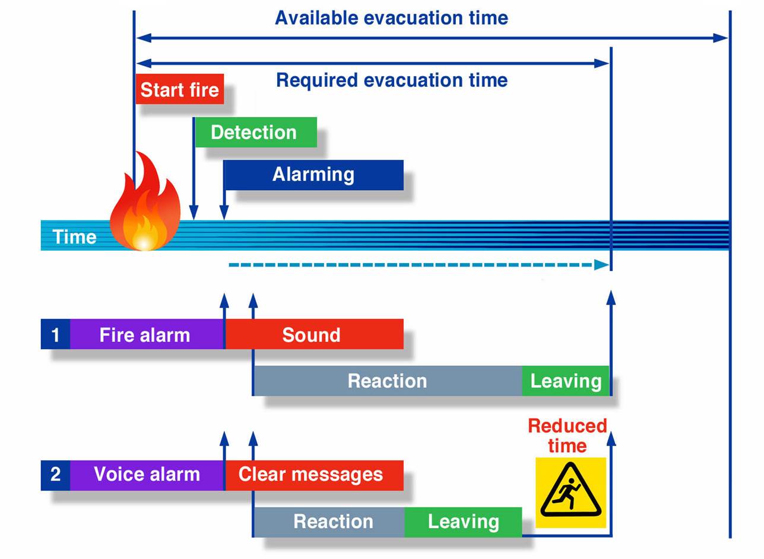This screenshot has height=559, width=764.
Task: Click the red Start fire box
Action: tap(179, 89)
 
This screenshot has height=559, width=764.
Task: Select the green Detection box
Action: tap(255, 132)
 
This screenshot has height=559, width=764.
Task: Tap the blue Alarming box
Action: tap(313, 175)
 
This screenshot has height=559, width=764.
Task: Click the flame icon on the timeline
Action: tap(145, 205)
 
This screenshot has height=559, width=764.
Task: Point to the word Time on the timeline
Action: tap(74, 236)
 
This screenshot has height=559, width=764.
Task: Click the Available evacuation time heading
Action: tap(391, 18)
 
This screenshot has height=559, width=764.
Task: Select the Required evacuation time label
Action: tap(392, 80)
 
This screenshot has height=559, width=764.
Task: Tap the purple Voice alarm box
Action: tap(146, 475)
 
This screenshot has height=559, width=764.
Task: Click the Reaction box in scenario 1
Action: tap(387, 381)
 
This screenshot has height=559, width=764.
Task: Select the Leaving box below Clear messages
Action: tap(463, 522)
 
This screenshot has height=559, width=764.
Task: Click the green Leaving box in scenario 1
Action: tap(565, 381)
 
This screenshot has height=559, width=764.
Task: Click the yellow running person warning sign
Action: tap(570, 492)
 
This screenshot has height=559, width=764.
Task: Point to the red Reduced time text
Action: tap(567, 435)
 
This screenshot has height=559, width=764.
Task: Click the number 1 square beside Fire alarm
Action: tap(55, 334)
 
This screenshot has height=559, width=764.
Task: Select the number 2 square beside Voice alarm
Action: tap(55, 475)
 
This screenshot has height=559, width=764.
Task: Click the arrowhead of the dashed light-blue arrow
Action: tap(601, 265)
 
